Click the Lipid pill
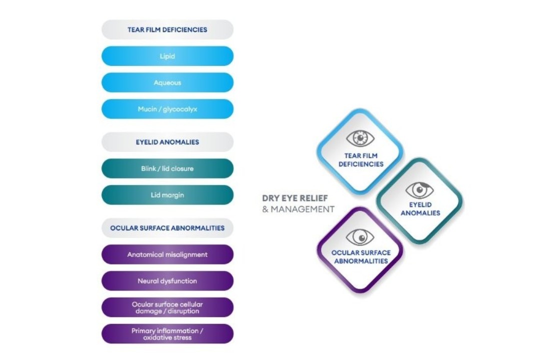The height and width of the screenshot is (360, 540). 167,56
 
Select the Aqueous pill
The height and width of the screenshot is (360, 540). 167,82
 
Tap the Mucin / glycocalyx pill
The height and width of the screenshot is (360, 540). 167,109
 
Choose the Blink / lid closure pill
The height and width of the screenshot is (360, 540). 167,168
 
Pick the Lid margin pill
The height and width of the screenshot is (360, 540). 167,195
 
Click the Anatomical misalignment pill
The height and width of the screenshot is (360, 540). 167,254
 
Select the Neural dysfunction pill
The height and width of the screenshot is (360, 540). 167,281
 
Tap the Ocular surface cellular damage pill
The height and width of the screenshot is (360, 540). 167,307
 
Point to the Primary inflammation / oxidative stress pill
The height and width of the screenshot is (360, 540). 167,334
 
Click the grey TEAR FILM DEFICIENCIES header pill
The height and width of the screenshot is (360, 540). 167,29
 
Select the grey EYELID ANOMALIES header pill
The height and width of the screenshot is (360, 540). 167,142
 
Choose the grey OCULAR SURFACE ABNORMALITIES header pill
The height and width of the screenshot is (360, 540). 167,228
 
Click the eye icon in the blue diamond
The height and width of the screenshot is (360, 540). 360,137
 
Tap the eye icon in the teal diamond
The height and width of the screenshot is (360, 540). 419,190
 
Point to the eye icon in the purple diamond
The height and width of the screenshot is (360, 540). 360,236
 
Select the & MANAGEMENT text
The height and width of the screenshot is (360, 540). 298,209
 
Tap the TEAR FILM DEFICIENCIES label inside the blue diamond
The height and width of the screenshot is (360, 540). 360,160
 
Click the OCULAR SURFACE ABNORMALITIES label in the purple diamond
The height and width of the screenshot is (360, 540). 360,256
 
